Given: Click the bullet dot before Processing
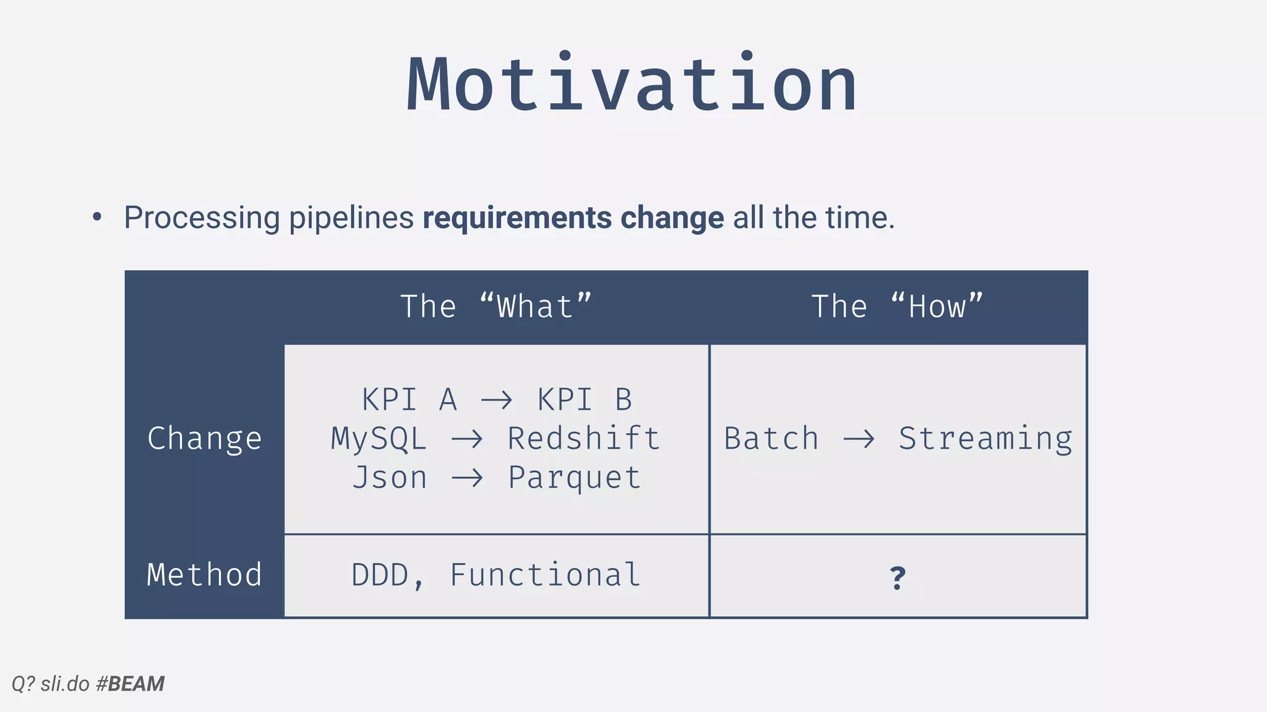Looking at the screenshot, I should [x=97, y=217].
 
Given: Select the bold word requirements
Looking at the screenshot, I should [x=517, y=218].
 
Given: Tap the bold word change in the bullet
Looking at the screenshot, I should [x=672, y=218].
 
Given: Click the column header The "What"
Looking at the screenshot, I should [x=496, y=307].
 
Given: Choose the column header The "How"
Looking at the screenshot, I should [x=897, y=307].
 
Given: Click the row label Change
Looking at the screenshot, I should [x=205, y=439].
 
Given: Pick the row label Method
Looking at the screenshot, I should [x=205, y=575].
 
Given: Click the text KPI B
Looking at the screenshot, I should [x=584, y=400].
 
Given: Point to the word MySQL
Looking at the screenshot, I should [x=379, y=439].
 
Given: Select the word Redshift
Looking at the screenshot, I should [x=584, y=439].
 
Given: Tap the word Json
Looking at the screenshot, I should [x=390, y=478].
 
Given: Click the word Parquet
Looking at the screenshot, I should [x=574, y=478].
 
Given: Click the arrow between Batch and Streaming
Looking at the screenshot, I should [x=859, y=439].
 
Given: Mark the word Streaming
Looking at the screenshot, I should [x=986, y=439].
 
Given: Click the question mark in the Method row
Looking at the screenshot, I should [x=898, y=578].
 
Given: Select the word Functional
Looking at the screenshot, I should [x=544, y=575].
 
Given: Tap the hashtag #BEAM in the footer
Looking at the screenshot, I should [x=131, y=684].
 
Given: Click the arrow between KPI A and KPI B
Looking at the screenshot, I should [x=496, y=400].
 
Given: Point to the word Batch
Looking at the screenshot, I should [x=771, y=439].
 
